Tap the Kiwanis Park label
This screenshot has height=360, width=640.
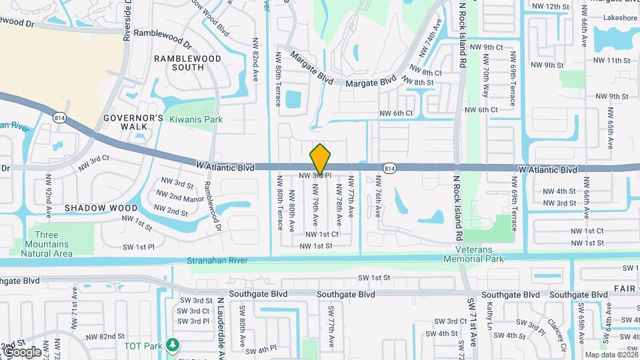pyautogui.click(x=196, y=119)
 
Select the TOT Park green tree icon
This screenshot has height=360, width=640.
pyautogui.click(x=173, y=345)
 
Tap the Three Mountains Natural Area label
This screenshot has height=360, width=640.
pyautogui.click(x=46, y=244)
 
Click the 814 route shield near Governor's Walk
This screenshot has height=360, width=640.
pyautogui.click(x=59, y=117)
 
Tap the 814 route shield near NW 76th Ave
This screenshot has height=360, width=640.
pyautogui.click(x=390, y=168)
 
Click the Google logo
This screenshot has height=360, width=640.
pyautogui.click(x=21, y=351)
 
